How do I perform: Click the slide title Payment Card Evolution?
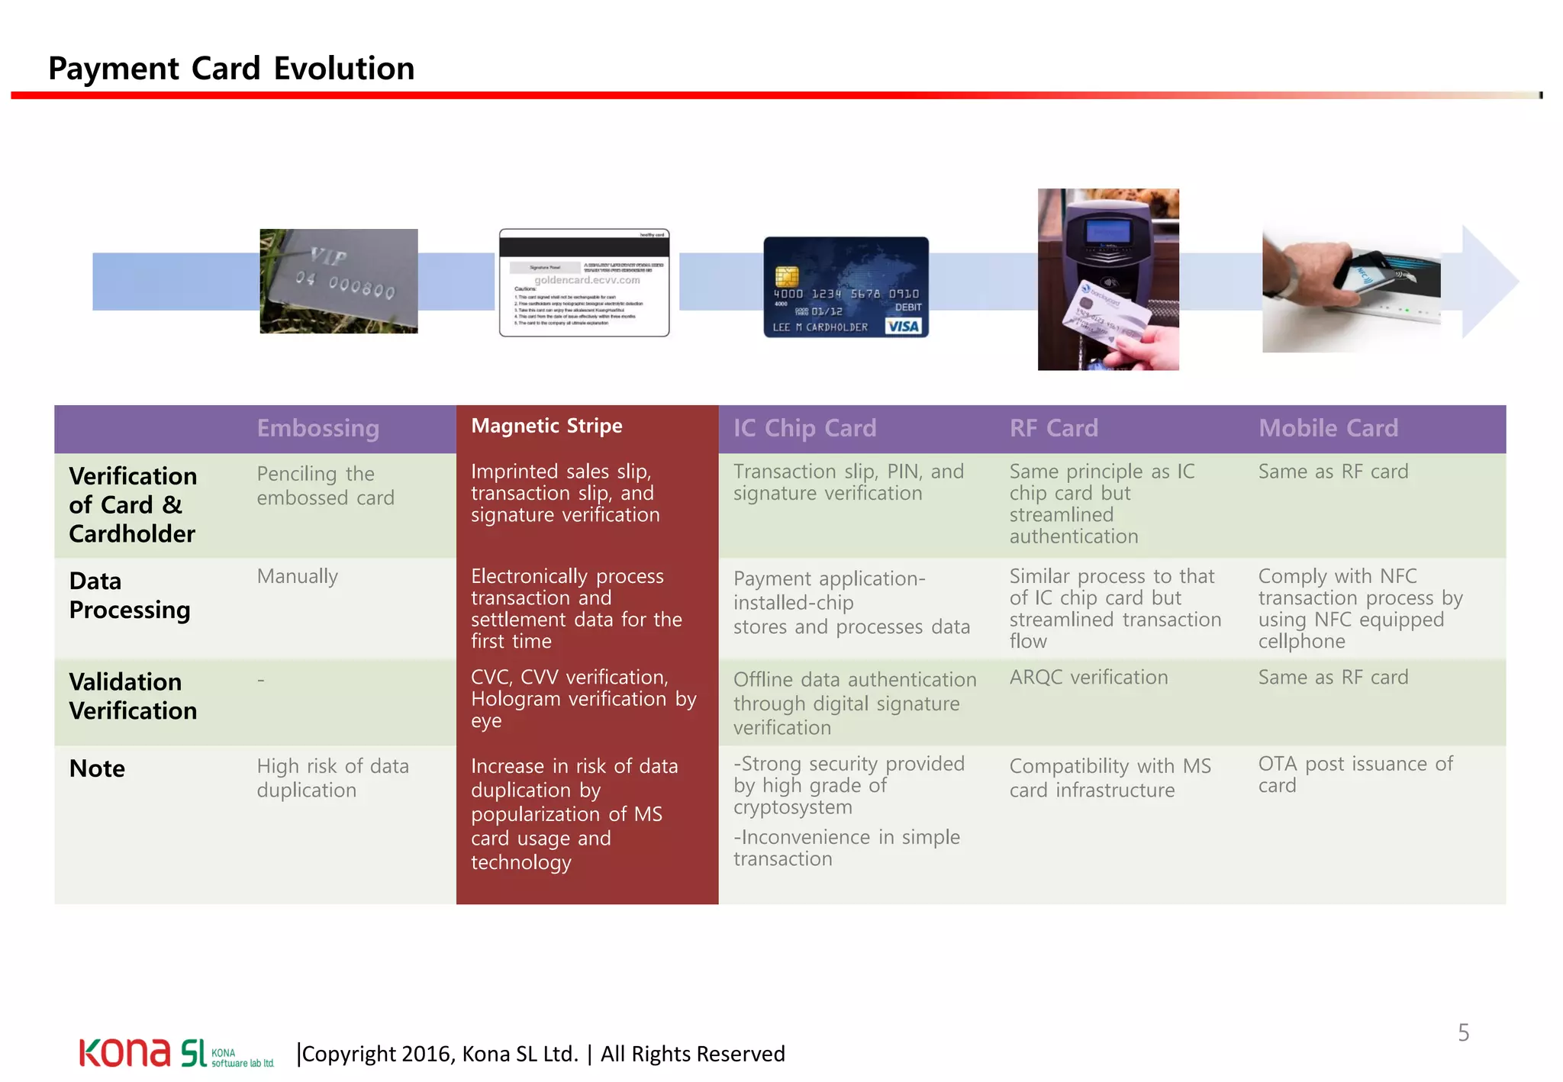[231, 69]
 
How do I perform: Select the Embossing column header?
[317, 428]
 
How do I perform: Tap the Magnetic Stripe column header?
[546, 426]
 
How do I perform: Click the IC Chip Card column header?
[804, 428]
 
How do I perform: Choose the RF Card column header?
[1053, 428]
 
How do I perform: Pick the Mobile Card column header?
[1328, 428]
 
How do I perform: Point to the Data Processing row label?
[129, 595]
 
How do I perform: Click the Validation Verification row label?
[133, 696]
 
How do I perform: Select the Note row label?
[97, 768]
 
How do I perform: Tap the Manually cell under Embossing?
[297, 576]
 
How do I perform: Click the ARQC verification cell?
[1088, 677]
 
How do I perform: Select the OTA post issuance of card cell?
[1355, 774]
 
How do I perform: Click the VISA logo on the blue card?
[904, 327]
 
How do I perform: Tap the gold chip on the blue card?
[786, 276]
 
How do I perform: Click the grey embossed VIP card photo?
[338, 281]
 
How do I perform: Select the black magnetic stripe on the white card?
[584, 246]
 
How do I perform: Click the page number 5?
[1463, 1032]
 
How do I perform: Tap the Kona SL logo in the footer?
[176, 1053]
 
